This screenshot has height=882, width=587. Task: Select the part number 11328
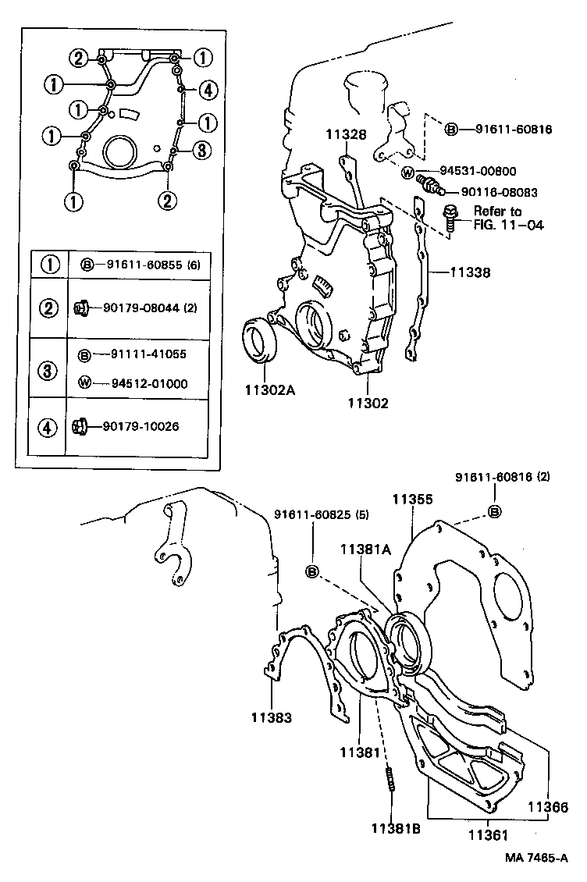[x=346, y=134]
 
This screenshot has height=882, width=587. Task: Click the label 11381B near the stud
[x=396, y=828]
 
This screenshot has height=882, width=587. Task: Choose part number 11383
[x=271, y=716]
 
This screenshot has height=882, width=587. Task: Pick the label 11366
[x=550, y=809]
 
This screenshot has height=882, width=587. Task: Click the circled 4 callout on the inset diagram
[x=207, y=91]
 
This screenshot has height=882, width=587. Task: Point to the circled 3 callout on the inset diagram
[x=201, y=150]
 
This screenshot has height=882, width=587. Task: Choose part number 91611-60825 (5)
[x=322, y=515]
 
